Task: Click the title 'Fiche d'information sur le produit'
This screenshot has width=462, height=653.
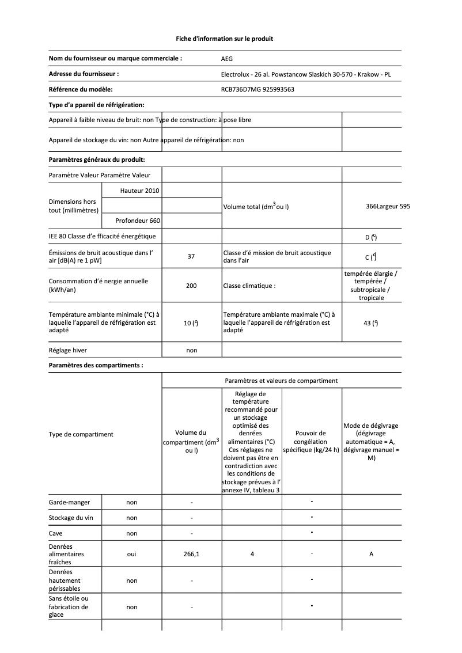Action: (x=224, y=39)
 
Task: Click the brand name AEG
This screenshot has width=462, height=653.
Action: (x=228, y=59)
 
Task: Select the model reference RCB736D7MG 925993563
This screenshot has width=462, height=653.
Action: (x=257, y=89)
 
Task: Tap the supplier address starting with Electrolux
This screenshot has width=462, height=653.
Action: (x=306, y=74)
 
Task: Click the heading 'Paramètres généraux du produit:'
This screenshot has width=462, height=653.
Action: (x=97, y=159)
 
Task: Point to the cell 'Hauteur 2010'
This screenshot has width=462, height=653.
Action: (x=140, y=190)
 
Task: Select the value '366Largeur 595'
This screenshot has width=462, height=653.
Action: (x=388, y=206)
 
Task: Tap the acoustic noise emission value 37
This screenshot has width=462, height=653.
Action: (x=191, y=257)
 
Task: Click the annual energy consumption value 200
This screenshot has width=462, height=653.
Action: (x=191, y=286)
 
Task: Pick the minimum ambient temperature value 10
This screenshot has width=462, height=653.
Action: (x=191, y=324)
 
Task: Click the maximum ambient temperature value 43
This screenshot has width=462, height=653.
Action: (x=370, y=324)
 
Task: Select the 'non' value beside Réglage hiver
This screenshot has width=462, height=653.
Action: (x=191, y=350)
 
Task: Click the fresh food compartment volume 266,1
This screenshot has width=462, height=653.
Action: (x=191, y=554)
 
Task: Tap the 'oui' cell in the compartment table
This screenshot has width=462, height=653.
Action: (x=131, y=554)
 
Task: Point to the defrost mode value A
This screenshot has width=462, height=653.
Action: (x=371, y=554)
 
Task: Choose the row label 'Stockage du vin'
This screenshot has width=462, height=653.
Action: (x=71, y=518)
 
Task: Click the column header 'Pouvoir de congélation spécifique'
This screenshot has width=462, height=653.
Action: (x=310, y=441)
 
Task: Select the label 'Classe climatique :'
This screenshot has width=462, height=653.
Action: (x=249, y=286)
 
